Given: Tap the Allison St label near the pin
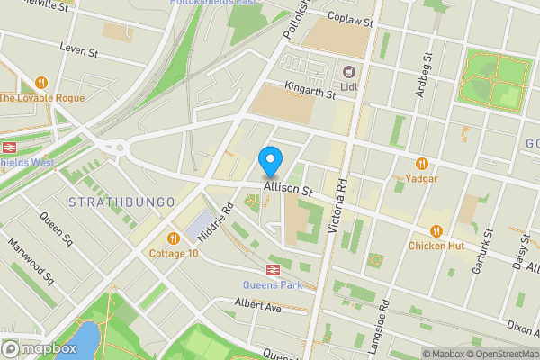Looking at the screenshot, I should [287, 191].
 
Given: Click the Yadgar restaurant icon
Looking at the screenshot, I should [421, 163].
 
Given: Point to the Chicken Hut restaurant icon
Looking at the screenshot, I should [436, 230].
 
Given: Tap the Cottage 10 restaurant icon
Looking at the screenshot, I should [174, 238].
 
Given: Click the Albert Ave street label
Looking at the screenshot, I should [258, 307].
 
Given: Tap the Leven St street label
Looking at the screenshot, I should [78, 49].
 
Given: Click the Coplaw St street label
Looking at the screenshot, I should [349, 17].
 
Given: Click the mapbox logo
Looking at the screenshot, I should [40, 348].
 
